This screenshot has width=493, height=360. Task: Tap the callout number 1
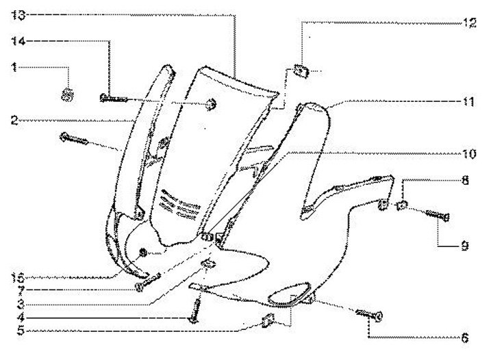14,66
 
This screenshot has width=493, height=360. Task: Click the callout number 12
468,22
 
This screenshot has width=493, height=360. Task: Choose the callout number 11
468,101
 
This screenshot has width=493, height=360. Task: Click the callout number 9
465,244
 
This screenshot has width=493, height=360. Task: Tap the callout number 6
465,337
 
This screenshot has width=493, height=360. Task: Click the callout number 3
14,304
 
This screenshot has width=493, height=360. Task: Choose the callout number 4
14,318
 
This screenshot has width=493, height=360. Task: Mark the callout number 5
14,331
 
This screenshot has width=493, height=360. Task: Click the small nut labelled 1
67,94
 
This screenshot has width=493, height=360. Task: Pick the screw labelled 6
368,315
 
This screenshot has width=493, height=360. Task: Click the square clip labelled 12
299,69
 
